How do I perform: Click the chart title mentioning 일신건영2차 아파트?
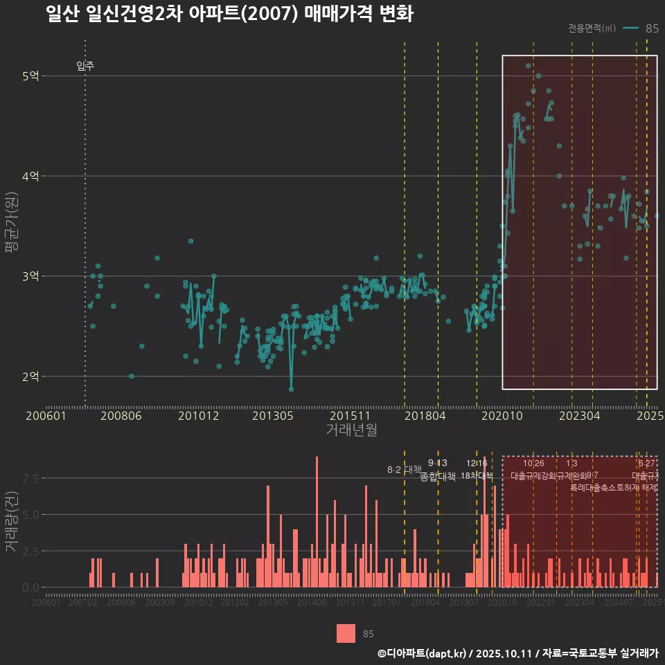[229, 15]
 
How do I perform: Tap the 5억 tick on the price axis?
[30, 76]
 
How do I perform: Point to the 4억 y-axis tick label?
[30, 177]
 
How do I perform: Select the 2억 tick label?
[30, 377]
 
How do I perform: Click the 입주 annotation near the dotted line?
[85, 66]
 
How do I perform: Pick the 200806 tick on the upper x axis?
[123, 416]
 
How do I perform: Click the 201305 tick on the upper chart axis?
[273, 416]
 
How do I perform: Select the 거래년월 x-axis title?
[351, 430]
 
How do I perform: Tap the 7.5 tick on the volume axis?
[30, 479]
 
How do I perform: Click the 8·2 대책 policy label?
[404, 470]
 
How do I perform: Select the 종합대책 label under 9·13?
[438, 477]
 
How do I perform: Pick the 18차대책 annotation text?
[477, 476]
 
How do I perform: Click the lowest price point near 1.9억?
[291, 389]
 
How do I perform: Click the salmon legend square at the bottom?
[346, 633]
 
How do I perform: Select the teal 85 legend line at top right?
[630, 28]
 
